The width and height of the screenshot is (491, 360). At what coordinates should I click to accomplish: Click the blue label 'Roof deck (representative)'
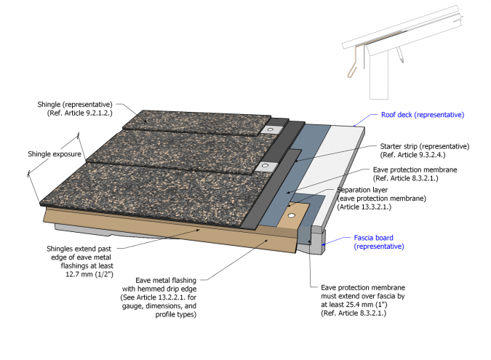tap(422, 115)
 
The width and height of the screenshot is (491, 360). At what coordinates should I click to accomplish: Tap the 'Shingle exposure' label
tap(55, 153)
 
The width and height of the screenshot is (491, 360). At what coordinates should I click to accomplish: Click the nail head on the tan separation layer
tap(292, 216)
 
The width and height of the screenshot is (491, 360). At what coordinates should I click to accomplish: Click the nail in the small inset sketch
tap(401, 54)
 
